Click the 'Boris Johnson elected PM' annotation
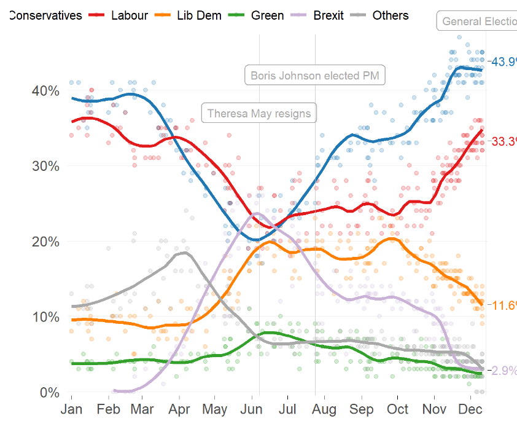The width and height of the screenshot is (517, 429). (x=316, y=76)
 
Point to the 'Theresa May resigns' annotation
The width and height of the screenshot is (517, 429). (x=259, y=114)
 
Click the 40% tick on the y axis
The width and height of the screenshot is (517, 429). (x=45, y=91)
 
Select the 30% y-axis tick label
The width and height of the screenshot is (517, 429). (x=45, y=167)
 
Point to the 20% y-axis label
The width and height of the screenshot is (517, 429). (x=45, y=242)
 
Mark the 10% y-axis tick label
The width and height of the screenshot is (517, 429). (x=45, y=317)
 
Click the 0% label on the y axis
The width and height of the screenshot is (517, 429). (x=49, y=393)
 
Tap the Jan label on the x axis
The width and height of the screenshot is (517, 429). (x=72, y=409)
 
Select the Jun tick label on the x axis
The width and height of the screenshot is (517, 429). (x=253, y=409)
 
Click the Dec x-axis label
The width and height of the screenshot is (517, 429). (x=470, y=409)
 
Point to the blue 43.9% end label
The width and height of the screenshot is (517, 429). (x=503, y=61)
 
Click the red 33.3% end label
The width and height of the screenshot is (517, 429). (x=503, y=142)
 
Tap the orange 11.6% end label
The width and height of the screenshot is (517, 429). (x=503, y=305)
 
